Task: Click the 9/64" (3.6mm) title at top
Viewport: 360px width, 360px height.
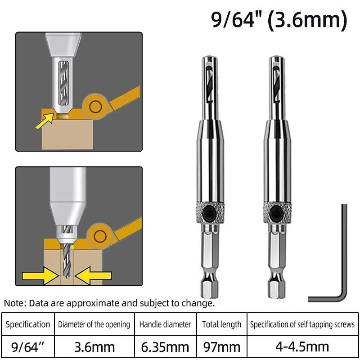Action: (x=279, y=20)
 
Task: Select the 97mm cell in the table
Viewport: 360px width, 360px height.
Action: (x=221, y=346)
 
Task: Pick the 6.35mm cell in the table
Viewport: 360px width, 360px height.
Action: (x=165, y=346)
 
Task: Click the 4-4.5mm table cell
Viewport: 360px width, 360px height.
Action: (x=302, y=346)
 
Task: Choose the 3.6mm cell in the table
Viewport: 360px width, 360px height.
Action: (x=94, y=346)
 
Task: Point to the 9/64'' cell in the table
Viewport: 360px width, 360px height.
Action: (x=28, y=346)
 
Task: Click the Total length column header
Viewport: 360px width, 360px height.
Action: (x=221, y=324)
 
